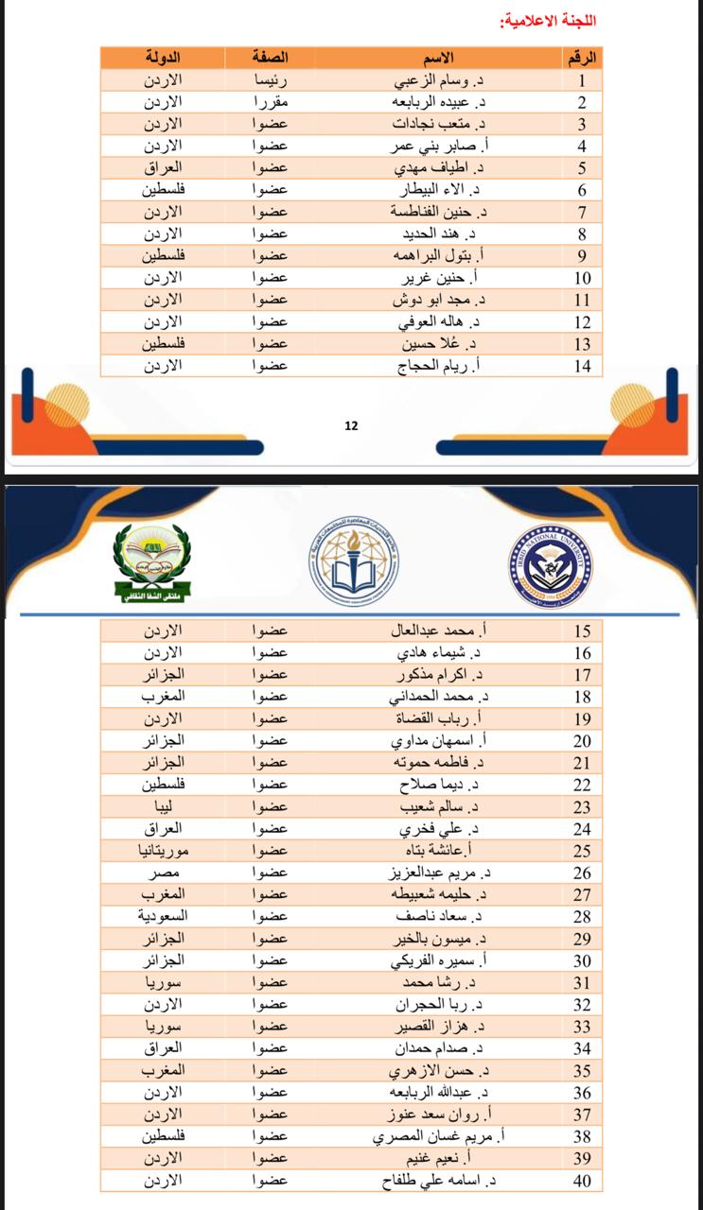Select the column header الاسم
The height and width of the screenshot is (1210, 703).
(x=440, y=58)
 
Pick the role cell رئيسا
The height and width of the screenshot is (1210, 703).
(x=270, y=80)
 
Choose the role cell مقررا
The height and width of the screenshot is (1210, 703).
(x=270, y=102)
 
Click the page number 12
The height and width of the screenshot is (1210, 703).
(x=351, y=425)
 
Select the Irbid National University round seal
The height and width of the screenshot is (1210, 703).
(x=550, y=565)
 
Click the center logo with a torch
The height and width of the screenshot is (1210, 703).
(x=349, y=564)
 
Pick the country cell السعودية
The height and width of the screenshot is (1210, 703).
(x=162, y=916)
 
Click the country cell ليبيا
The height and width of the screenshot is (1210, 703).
(x=162, y=806)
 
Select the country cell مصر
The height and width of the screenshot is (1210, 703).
(x=162, y=873)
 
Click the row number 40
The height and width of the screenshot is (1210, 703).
(x=583, y=1180)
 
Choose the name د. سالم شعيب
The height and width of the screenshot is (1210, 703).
(x=440, y=806)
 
